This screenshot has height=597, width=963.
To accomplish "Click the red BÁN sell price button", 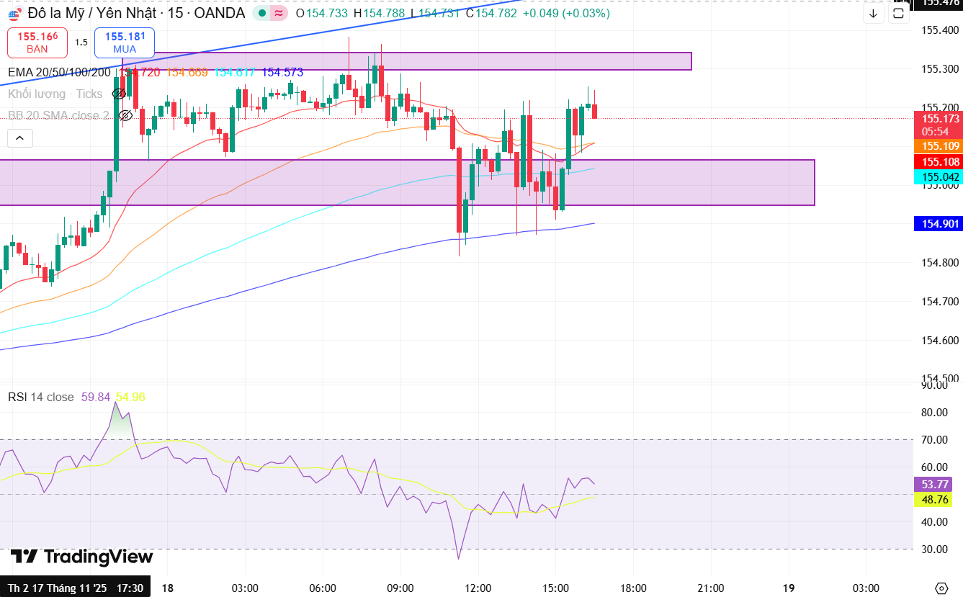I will (37, 42).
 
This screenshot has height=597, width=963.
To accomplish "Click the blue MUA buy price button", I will (125, 42).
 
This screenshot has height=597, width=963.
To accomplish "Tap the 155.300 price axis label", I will (940, 69).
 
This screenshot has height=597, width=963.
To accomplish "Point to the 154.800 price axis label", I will (940, 263).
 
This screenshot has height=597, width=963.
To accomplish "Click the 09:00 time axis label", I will (400, 588).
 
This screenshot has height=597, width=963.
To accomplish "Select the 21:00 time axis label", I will (711, 588).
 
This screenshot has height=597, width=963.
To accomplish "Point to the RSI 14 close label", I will (41, 397).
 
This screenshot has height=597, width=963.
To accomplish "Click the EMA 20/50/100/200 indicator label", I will (59, 72).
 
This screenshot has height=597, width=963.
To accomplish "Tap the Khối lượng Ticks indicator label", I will (55, 94).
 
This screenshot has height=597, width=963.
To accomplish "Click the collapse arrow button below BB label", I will (19, 138).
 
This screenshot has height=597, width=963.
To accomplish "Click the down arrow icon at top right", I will (873, 13).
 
